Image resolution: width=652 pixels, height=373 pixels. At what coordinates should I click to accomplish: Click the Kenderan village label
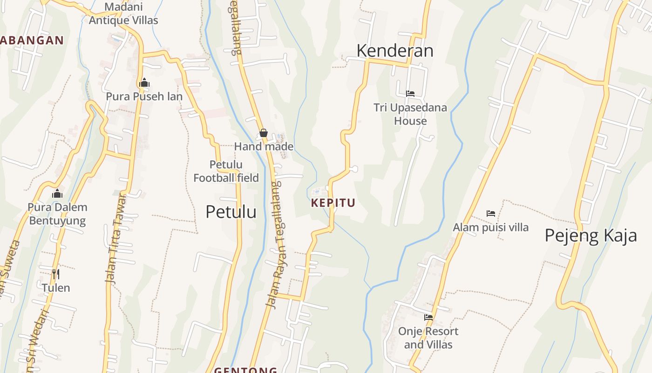395,50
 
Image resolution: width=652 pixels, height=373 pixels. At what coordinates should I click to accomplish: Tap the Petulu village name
231,212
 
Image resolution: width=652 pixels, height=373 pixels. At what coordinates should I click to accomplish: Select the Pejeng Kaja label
591,235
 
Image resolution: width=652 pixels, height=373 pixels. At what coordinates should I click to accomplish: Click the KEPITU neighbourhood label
333,203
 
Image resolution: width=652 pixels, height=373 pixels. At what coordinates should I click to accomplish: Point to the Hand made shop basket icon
264,133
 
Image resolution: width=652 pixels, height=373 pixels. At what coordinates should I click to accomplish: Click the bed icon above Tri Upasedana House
410,94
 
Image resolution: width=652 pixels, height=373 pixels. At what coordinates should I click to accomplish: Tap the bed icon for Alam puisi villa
491,214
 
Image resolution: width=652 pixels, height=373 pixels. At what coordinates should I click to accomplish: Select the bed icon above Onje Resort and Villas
428,318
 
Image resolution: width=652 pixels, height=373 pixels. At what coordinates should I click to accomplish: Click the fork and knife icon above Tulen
56,274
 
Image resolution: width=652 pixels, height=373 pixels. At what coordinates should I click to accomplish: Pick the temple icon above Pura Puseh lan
144,83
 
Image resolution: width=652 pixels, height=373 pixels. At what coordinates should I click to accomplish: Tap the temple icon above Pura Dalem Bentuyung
57,193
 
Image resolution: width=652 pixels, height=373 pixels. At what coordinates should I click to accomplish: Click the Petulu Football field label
226,171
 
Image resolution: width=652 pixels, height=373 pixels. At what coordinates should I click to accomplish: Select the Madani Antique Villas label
123,14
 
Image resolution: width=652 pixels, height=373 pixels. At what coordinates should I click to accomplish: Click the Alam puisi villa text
491,228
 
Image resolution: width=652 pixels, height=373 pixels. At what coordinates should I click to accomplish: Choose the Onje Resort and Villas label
428,338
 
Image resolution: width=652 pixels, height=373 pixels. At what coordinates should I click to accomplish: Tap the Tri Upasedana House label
410,114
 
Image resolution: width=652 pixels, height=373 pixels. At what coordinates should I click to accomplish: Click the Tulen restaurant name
56,288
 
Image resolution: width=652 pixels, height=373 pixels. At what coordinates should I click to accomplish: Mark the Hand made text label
264,146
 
